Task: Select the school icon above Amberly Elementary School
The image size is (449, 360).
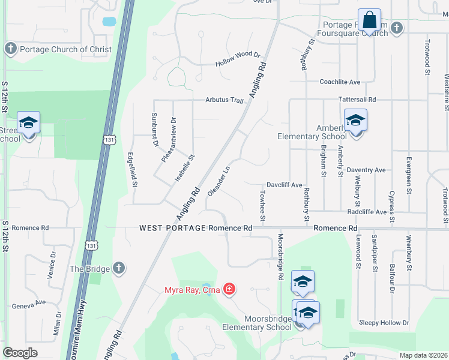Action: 355,121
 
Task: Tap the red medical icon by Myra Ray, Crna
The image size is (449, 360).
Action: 228,290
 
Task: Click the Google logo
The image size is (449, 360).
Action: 20,352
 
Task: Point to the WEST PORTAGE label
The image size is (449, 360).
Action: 173,228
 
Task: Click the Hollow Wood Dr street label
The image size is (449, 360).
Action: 238,62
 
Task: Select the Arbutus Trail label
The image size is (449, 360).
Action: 224,100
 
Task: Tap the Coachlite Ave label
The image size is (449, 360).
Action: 340,82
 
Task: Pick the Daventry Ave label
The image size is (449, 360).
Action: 366,170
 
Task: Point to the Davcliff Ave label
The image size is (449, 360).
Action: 284,185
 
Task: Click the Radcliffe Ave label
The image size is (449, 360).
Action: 367,212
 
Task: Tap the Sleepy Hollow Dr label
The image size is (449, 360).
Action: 384,323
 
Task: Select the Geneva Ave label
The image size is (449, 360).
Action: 29,305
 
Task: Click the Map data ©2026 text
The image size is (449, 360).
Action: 423,355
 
